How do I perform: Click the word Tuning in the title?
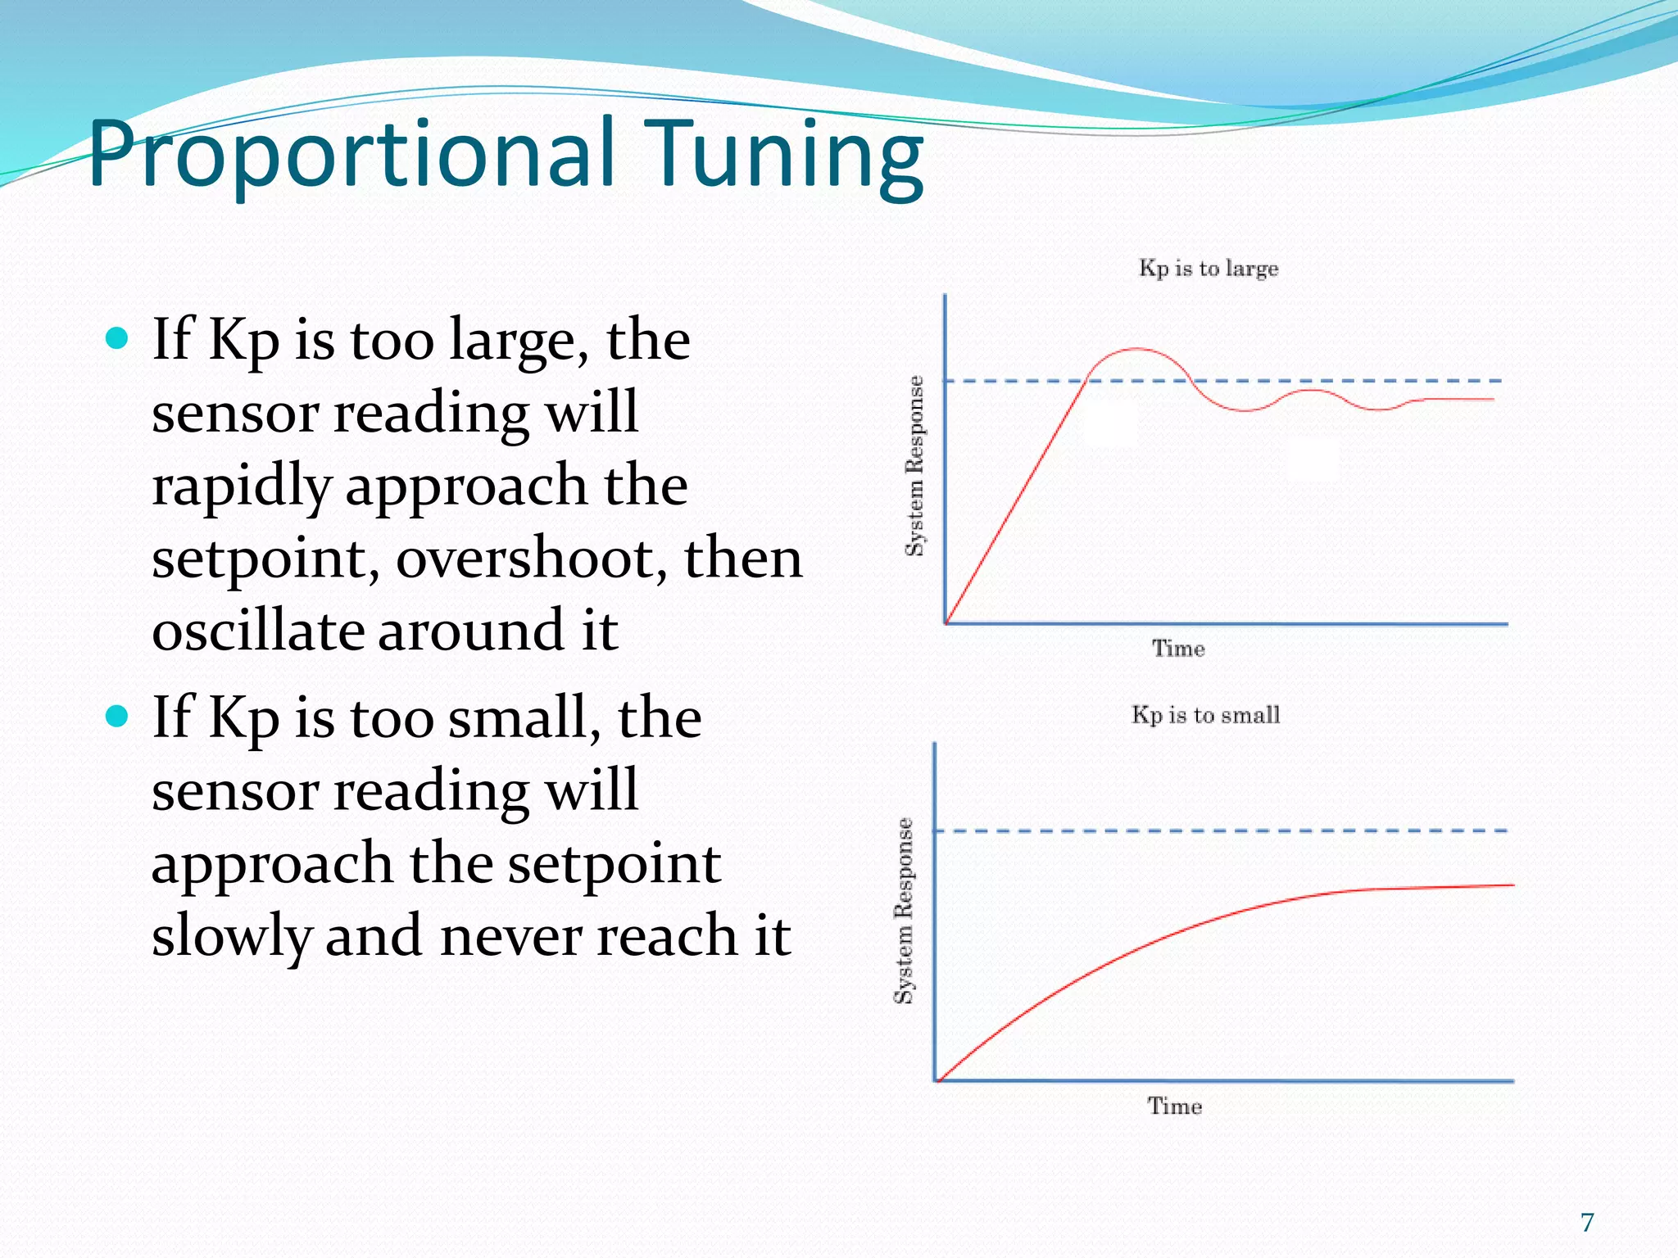point(785,154)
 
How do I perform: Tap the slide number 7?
point(1587,1222)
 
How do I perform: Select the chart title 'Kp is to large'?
point(1208,269)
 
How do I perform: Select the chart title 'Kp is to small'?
point(1205,715)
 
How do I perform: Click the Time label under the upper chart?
point(1178,649)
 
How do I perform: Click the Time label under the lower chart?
point(1174,1106)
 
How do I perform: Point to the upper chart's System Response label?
point(914,466)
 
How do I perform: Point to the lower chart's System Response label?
point(903,911)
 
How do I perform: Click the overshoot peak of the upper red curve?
point(1136,349)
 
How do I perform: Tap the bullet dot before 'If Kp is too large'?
point(118,338)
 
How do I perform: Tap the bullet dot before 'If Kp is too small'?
point(118,717)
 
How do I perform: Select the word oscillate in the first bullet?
point(258,631)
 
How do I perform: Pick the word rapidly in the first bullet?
point(241,486)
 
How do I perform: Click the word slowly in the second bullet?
point(230,936)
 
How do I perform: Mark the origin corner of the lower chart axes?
point(937,1081)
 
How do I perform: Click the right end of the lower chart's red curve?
point(1512,885)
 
